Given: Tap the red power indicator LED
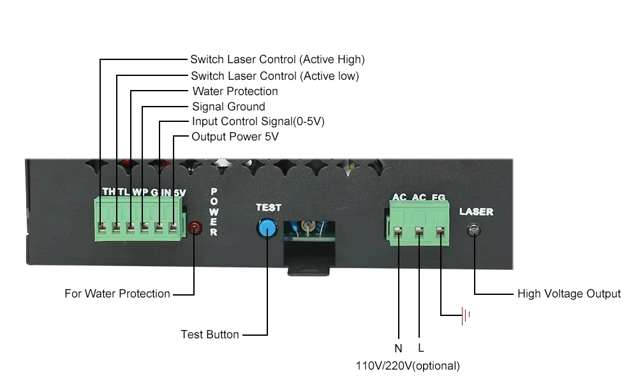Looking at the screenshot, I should (193, 226).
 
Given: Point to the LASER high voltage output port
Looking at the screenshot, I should (473, 230).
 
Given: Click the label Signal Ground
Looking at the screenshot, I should (228, 107).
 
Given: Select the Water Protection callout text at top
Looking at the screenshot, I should (235, 91).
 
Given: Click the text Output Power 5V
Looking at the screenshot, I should (235, 137).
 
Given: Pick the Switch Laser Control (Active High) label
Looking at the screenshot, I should (277, 59).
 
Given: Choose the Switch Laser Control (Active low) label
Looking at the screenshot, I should (274, 76).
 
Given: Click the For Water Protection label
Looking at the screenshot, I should (117, 294).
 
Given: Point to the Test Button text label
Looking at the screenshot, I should (210, 334).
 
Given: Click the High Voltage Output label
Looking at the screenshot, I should (569, 294).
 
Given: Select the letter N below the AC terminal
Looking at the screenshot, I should (398, 349).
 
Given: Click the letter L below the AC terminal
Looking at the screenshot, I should (420, 349).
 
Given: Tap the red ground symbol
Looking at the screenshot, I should (466, 315).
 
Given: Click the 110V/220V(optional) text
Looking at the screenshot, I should (408, 366).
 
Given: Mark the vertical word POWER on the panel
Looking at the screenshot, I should (214, 213).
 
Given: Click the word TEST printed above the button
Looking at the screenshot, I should (268, 207).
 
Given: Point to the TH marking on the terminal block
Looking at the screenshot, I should (108, 191).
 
